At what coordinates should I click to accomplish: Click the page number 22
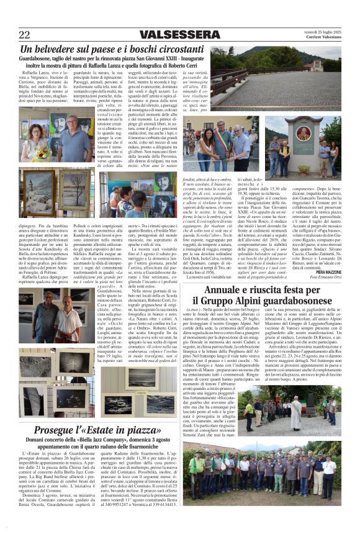pos(24,34)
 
